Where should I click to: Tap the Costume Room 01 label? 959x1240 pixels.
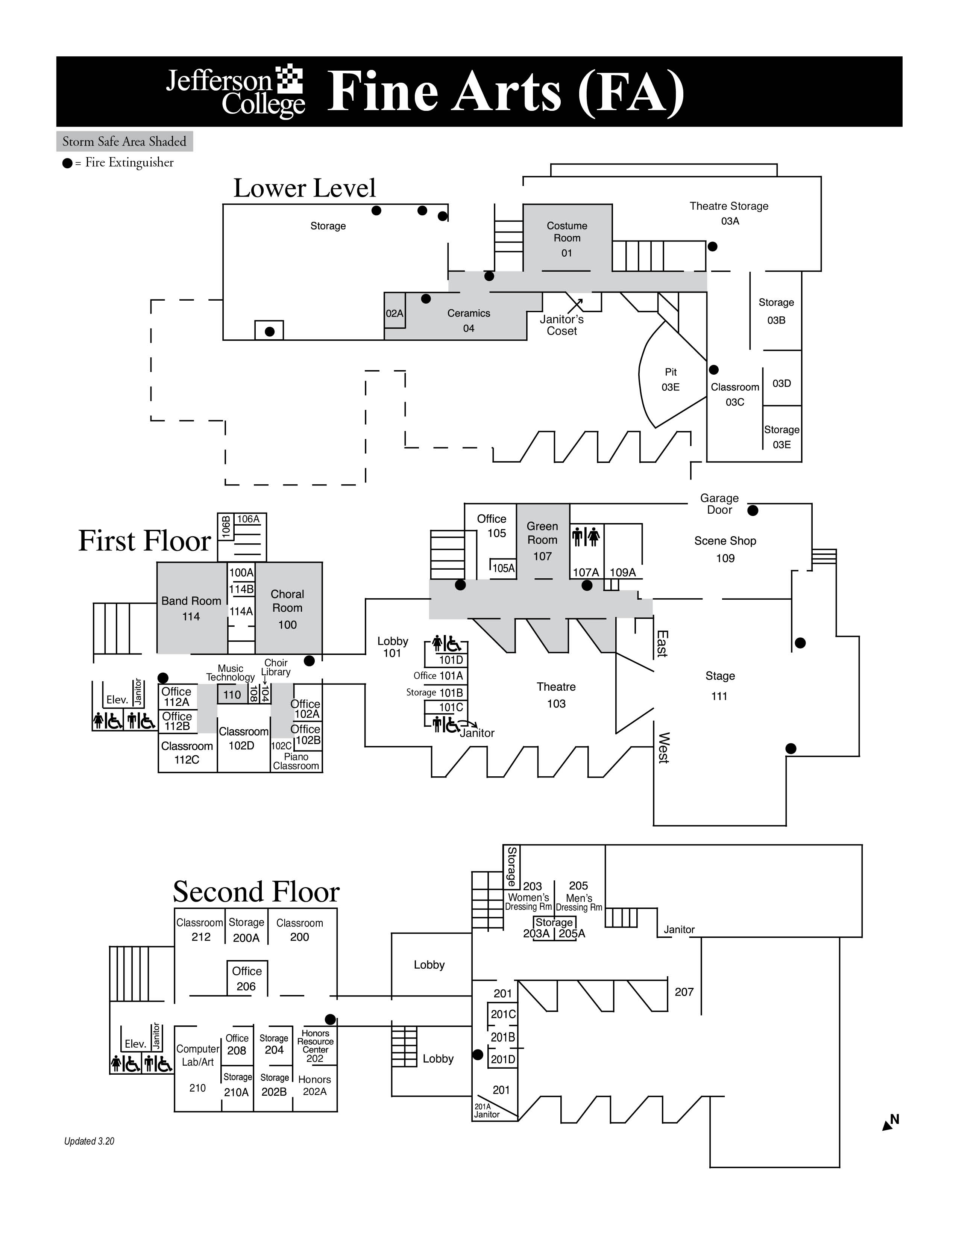click(567, 239)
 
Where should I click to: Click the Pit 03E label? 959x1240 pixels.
click(671, 379)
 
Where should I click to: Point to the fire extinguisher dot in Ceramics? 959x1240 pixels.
click(426, 299)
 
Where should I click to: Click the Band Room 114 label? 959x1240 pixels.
click(191, 608)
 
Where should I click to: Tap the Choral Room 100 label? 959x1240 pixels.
click(287, 609)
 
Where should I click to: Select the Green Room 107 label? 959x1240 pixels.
click(543, 541)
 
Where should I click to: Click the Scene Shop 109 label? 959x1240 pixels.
click(725, 549)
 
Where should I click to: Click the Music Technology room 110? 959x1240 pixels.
click(233, 694)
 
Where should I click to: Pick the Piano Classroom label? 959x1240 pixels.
click(296, 761)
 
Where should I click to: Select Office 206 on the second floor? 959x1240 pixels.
click(247, 978)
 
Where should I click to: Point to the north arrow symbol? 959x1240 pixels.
click(890, 1122)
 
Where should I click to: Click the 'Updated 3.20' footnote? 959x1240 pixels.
click(89, 1141)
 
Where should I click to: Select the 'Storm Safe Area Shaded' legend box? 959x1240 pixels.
click(124, 141)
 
